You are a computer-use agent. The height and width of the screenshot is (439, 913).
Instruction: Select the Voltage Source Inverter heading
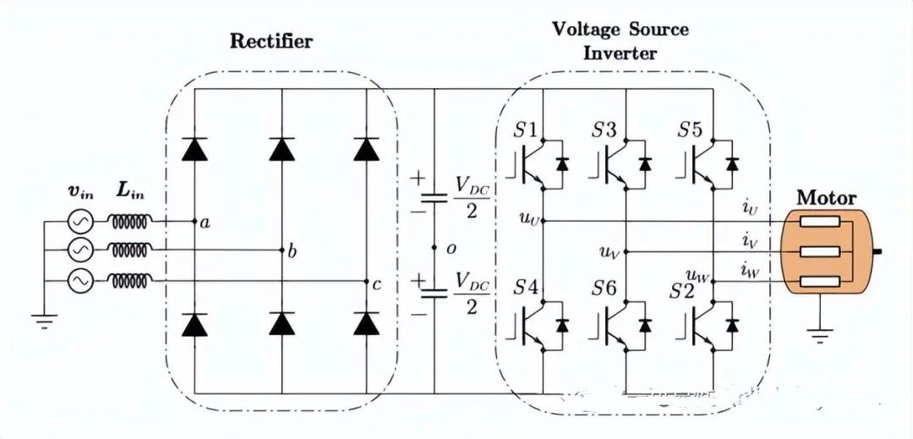point(620,40)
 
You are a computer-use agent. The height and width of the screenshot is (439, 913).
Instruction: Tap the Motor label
point(827,198)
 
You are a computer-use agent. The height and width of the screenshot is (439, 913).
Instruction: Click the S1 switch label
point(526,131)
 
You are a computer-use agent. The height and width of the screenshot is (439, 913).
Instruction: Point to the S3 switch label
point(604,131)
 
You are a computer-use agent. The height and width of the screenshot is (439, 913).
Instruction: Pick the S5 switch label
point(690,131)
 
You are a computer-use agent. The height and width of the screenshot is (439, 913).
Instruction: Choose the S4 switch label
point(526,288)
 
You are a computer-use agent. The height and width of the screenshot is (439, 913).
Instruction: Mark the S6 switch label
point(604,288)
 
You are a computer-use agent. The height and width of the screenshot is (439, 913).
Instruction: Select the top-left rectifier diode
point(195,149)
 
